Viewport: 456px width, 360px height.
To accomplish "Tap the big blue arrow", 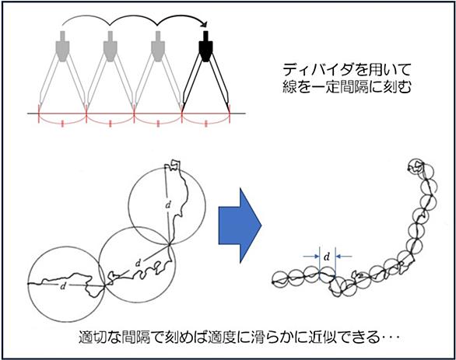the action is click(x=240, y=225).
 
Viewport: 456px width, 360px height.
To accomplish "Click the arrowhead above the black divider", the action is click(x=205, y=24).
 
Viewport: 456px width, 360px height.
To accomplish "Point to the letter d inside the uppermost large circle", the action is click(x=168, y=205).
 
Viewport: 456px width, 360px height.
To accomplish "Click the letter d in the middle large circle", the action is click(x=139, y=264).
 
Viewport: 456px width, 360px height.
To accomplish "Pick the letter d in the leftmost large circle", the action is click(x=62, y=286).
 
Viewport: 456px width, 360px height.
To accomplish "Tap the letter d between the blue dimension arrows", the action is click(x=327, y=257).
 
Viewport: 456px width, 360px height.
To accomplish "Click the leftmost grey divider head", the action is click(x=62, y=46).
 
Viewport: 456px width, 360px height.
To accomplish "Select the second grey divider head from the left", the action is click(x=110, y=46).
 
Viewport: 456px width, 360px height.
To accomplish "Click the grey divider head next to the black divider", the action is click(x=158, y=46).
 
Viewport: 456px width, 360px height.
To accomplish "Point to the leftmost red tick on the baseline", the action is click(x=39, y=114).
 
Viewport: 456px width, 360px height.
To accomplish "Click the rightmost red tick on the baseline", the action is click(x=230, y=114).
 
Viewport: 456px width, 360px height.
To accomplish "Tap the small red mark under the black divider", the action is click(x=206, y=124).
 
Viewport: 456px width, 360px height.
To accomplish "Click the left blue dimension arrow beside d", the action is click(x=311, y=257).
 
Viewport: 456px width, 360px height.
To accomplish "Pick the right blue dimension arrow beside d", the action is click(x=343, y=257).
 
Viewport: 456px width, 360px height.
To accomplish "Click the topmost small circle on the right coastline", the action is click(x=415, y=166).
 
